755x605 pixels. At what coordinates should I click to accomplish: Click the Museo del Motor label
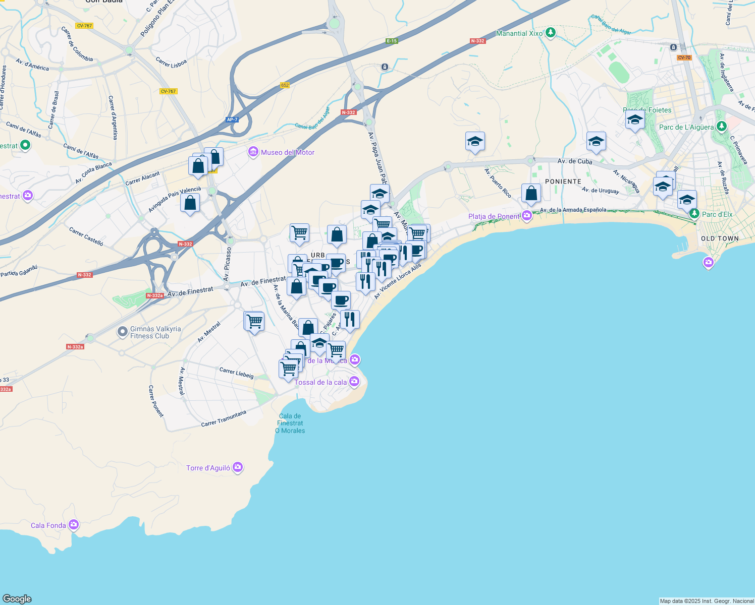pyautogui.click(x=287, y=152)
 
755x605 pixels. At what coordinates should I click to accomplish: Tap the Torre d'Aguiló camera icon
pyautogui.click(x=238, y=468)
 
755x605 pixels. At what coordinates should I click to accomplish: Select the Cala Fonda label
pyautogui.click(x=48, y=525)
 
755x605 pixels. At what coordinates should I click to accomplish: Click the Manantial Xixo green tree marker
pyautogui.click(x=551, y=33)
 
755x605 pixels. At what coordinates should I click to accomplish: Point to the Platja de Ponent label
pyautogui.click(x=494, y=216)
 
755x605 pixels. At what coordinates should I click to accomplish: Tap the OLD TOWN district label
pyautogui.click(x=720, y=238)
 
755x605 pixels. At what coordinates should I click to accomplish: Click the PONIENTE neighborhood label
pyautogui.click(x=563, y=181)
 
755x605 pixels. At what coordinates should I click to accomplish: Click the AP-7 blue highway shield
pyautogui.click(x=232, y=119)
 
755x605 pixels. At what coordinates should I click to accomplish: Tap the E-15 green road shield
pyautogui.click(x=392, y=41)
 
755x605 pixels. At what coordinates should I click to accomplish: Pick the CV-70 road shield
pyautogui.click(x=684, y=57)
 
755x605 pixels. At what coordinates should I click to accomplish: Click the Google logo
pyautogui.click(x=17, y=599)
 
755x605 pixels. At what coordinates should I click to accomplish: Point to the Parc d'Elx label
pyautogui.click(x=717, y=214)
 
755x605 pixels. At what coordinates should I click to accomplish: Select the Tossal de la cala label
pyautogui.click(x=320, y=382)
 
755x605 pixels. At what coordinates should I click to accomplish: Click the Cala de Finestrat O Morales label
pyautogui.click(x=290, y=423)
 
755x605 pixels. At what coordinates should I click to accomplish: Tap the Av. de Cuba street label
pyautogui.click(x=575, y=161)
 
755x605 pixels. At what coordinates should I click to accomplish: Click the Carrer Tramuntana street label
pyautogui.click(x=224, y=418)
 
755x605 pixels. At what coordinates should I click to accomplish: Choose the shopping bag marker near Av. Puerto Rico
pyautogui.click(x=531, y=194)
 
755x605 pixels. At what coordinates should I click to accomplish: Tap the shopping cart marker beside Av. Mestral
pyautogui.click(x=254, y=321)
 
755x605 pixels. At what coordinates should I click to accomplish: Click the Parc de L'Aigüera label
pyautogui.click(x=686, y=127)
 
